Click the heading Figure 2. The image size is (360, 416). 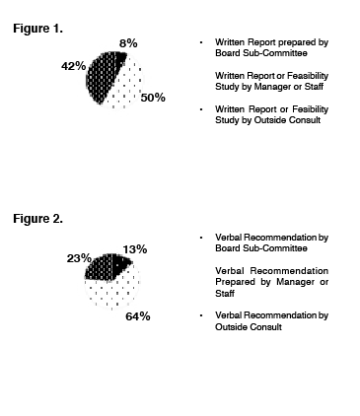click(x=37, y=218)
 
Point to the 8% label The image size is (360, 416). click(x=128, y=44)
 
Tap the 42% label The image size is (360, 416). click(x=73, y=66)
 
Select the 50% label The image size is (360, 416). click(x=152, y=98)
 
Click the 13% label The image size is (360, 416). click(x=135, y=248)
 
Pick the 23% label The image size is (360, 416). click(x=79, y=258)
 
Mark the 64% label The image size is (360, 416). click(x=137, y=316)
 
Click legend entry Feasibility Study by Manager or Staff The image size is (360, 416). click(x=265, y=82)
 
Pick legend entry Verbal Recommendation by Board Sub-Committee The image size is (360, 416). click(x=270, y=244)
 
